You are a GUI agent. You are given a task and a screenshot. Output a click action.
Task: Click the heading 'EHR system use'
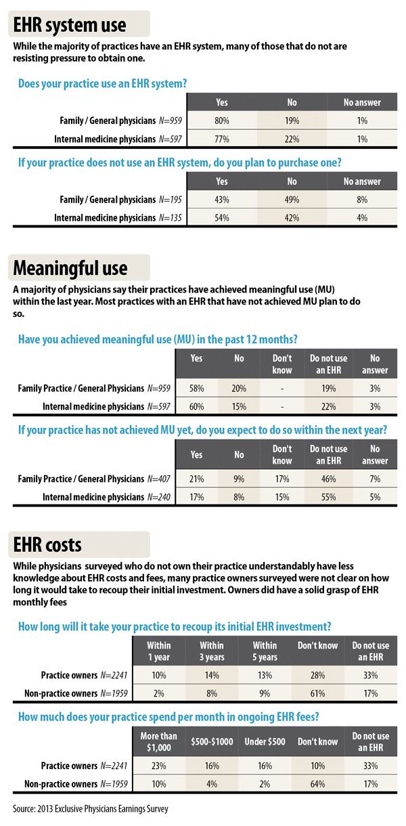point(70,25)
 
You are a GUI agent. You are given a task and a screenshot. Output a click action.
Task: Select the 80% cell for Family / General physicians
point(221,121)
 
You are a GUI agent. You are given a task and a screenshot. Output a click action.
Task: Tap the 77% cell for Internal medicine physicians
point(221,139)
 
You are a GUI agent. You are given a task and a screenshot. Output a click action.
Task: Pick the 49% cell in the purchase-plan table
point(292,200)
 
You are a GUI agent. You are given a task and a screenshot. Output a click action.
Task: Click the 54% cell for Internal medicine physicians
point(221,219)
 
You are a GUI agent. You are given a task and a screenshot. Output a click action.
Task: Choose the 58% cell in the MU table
point(197,389)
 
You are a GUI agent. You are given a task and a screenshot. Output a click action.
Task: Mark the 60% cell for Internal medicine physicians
point(197,407)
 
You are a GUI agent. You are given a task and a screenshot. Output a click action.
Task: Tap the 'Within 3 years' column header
point(211,651)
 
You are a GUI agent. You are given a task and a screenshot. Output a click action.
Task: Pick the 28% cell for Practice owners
point(317,674)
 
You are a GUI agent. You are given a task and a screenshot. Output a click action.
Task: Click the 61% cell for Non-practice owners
point(317,693)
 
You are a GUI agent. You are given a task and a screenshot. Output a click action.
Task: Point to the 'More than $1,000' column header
point(159,741)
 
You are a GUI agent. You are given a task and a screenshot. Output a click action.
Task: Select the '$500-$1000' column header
point(211,741)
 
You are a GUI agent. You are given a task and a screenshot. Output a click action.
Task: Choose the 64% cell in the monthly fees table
point(317,783)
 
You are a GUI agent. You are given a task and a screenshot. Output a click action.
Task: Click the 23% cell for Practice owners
point(159,765)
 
